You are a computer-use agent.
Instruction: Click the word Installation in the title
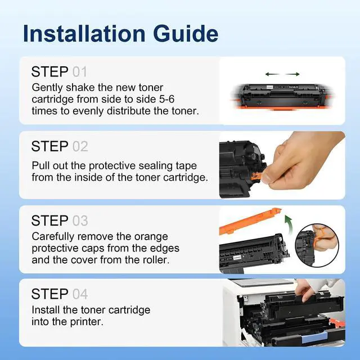pos(84,34)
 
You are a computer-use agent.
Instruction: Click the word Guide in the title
pos(186,34)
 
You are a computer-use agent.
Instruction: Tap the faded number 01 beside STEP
pos(80,72)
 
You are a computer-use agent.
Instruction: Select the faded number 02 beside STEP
pos(80,146)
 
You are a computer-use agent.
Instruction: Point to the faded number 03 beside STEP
pos(80,220)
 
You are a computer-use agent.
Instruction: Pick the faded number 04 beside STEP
pos(80,294)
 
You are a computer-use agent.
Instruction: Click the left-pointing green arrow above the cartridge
pos(272,74)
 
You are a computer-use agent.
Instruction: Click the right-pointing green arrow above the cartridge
pos(292,74)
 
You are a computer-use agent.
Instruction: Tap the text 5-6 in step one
pos(166,99)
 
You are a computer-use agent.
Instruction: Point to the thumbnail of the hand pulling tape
pos(282,165)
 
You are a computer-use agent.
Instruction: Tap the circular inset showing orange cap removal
pos(317,245)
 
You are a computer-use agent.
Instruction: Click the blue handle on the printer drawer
pos(314,337)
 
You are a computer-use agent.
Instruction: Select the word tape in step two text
pos(186,166)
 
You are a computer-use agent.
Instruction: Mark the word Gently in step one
pos(47,88)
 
